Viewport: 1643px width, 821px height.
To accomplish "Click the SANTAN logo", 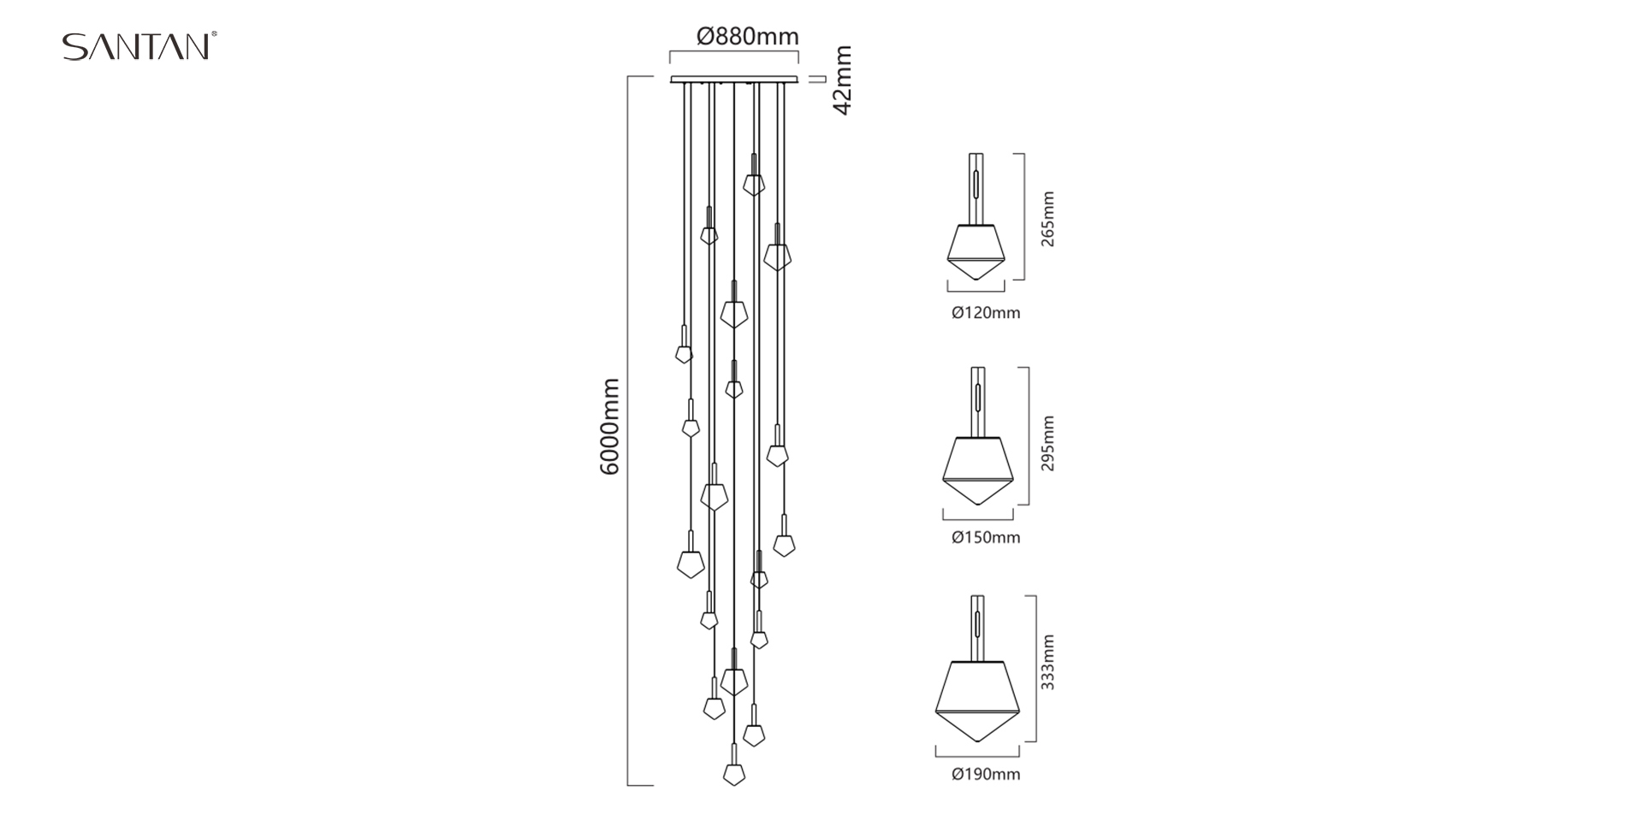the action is click(x=139, y=46).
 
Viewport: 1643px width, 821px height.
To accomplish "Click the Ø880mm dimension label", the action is click(x=748, y=36).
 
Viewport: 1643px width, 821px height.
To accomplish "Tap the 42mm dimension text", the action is click(x=843, y=80).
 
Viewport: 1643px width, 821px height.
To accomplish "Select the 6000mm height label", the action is click(x=609, y=427).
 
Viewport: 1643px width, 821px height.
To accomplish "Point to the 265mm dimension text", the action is click(x=1048, y=219).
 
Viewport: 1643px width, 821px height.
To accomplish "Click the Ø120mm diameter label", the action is click(x=986, y=313).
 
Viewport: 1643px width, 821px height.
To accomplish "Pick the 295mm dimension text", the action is click(x=1048, y=443).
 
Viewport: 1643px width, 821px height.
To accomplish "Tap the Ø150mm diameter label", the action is click(x=986, y=538).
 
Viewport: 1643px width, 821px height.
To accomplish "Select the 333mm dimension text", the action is click(x=1048, y=662).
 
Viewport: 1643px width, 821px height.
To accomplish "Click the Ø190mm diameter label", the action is click(x=986, y=775).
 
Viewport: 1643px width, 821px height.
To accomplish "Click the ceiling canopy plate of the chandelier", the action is click(x=734, y=80).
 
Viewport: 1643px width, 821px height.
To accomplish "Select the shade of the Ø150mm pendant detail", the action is click(x=978, y=471).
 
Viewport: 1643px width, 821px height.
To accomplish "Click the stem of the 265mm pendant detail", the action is click(x=976, y=189).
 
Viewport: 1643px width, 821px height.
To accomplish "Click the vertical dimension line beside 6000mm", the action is click(x=629, y=431).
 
